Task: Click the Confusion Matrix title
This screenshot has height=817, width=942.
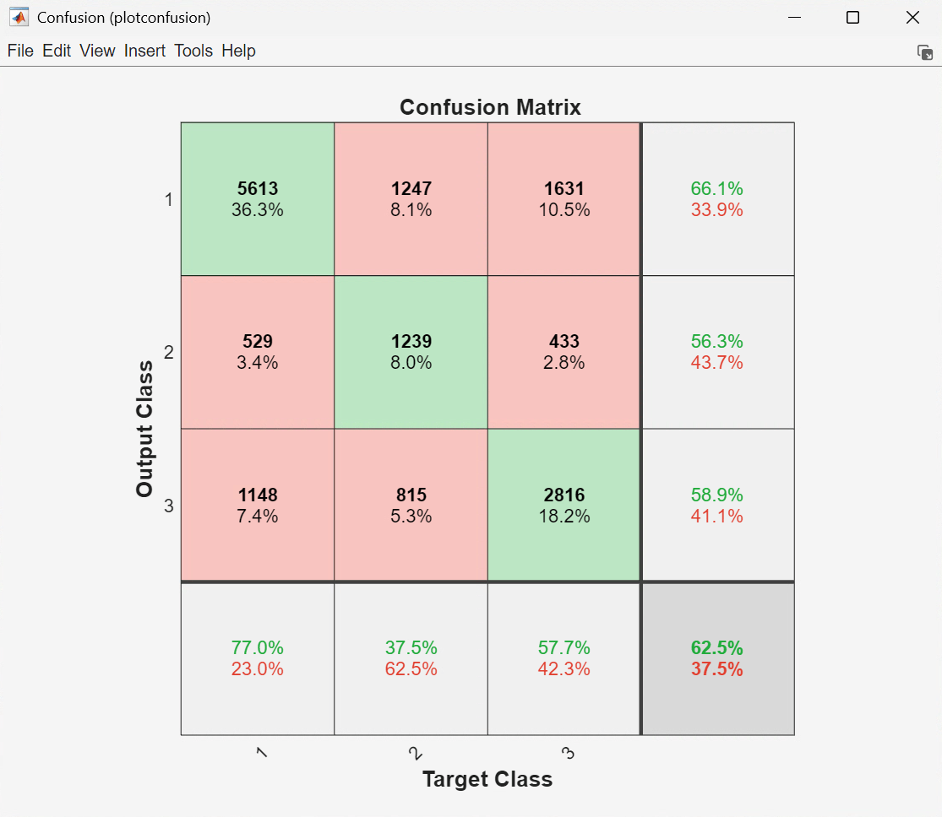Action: [490, 107]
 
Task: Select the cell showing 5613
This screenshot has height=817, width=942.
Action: [258, 199]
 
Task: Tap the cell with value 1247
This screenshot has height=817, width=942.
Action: [411, 199]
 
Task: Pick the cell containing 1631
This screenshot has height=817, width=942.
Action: [564, 199]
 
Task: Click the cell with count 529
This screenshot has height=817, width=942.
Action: [258, 352]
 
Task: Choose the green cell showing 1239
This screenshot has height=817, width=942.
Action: [411, 352]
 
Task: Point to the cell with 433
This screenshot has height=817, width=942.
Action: [564, 352]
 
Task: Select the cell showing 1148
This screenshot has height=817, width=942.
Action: [258, 505]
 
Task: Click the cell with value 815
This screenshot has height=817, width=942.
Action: [411, 505]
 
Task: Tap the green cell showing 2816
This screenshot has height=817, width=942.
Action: [564, 505]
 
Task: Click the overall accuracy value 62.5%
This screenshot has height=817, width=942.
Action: [717, 648]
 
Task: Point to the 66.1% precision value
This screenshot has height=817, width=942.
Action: [717, 189]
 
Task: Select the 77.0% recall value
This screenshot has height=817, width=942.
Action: [258, 648]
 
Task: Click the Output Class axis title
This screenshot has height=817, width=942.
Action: [144, 429]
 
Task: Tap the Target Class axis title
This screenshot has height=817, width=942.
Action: [487, 779]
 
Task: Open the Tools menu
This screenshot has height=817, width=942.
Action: [193, 51]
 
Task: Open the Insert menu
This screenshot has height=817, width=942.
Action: [145, 51]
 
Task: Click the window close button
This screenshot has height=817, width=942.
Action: [912, 18]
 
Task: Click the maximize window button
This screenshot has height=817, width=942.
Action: [852, 18]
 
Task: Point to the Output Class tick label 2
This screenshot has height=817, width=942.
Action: [169, 353]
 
